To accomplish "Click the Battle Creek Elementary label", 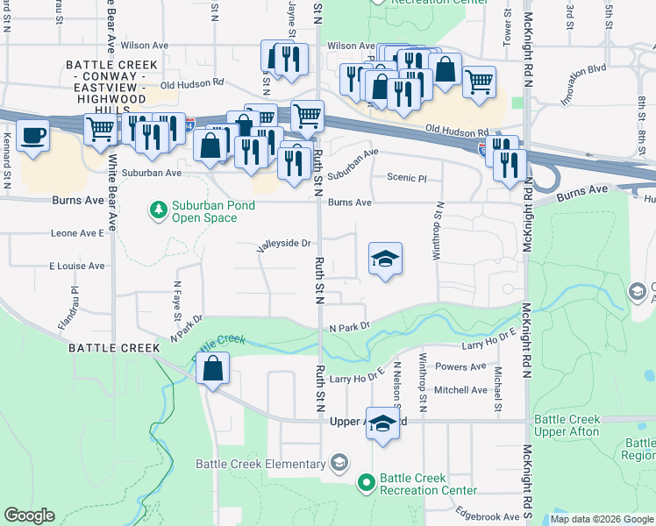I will point(260,464).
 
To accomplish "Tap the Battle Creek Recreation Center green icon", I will point(367,483).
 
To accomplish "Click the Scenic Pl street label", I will point(406,178).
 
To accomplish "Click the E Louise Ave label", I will point(76,266).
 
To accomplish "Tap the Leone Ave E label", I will point(77,234).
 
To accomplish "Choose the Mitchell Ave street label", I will point(460,390).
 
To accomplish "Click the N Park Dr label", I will point(350,327).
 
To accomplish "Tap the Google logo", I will point(29,515).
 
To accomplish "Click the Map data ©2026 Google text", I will point(601,519).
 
